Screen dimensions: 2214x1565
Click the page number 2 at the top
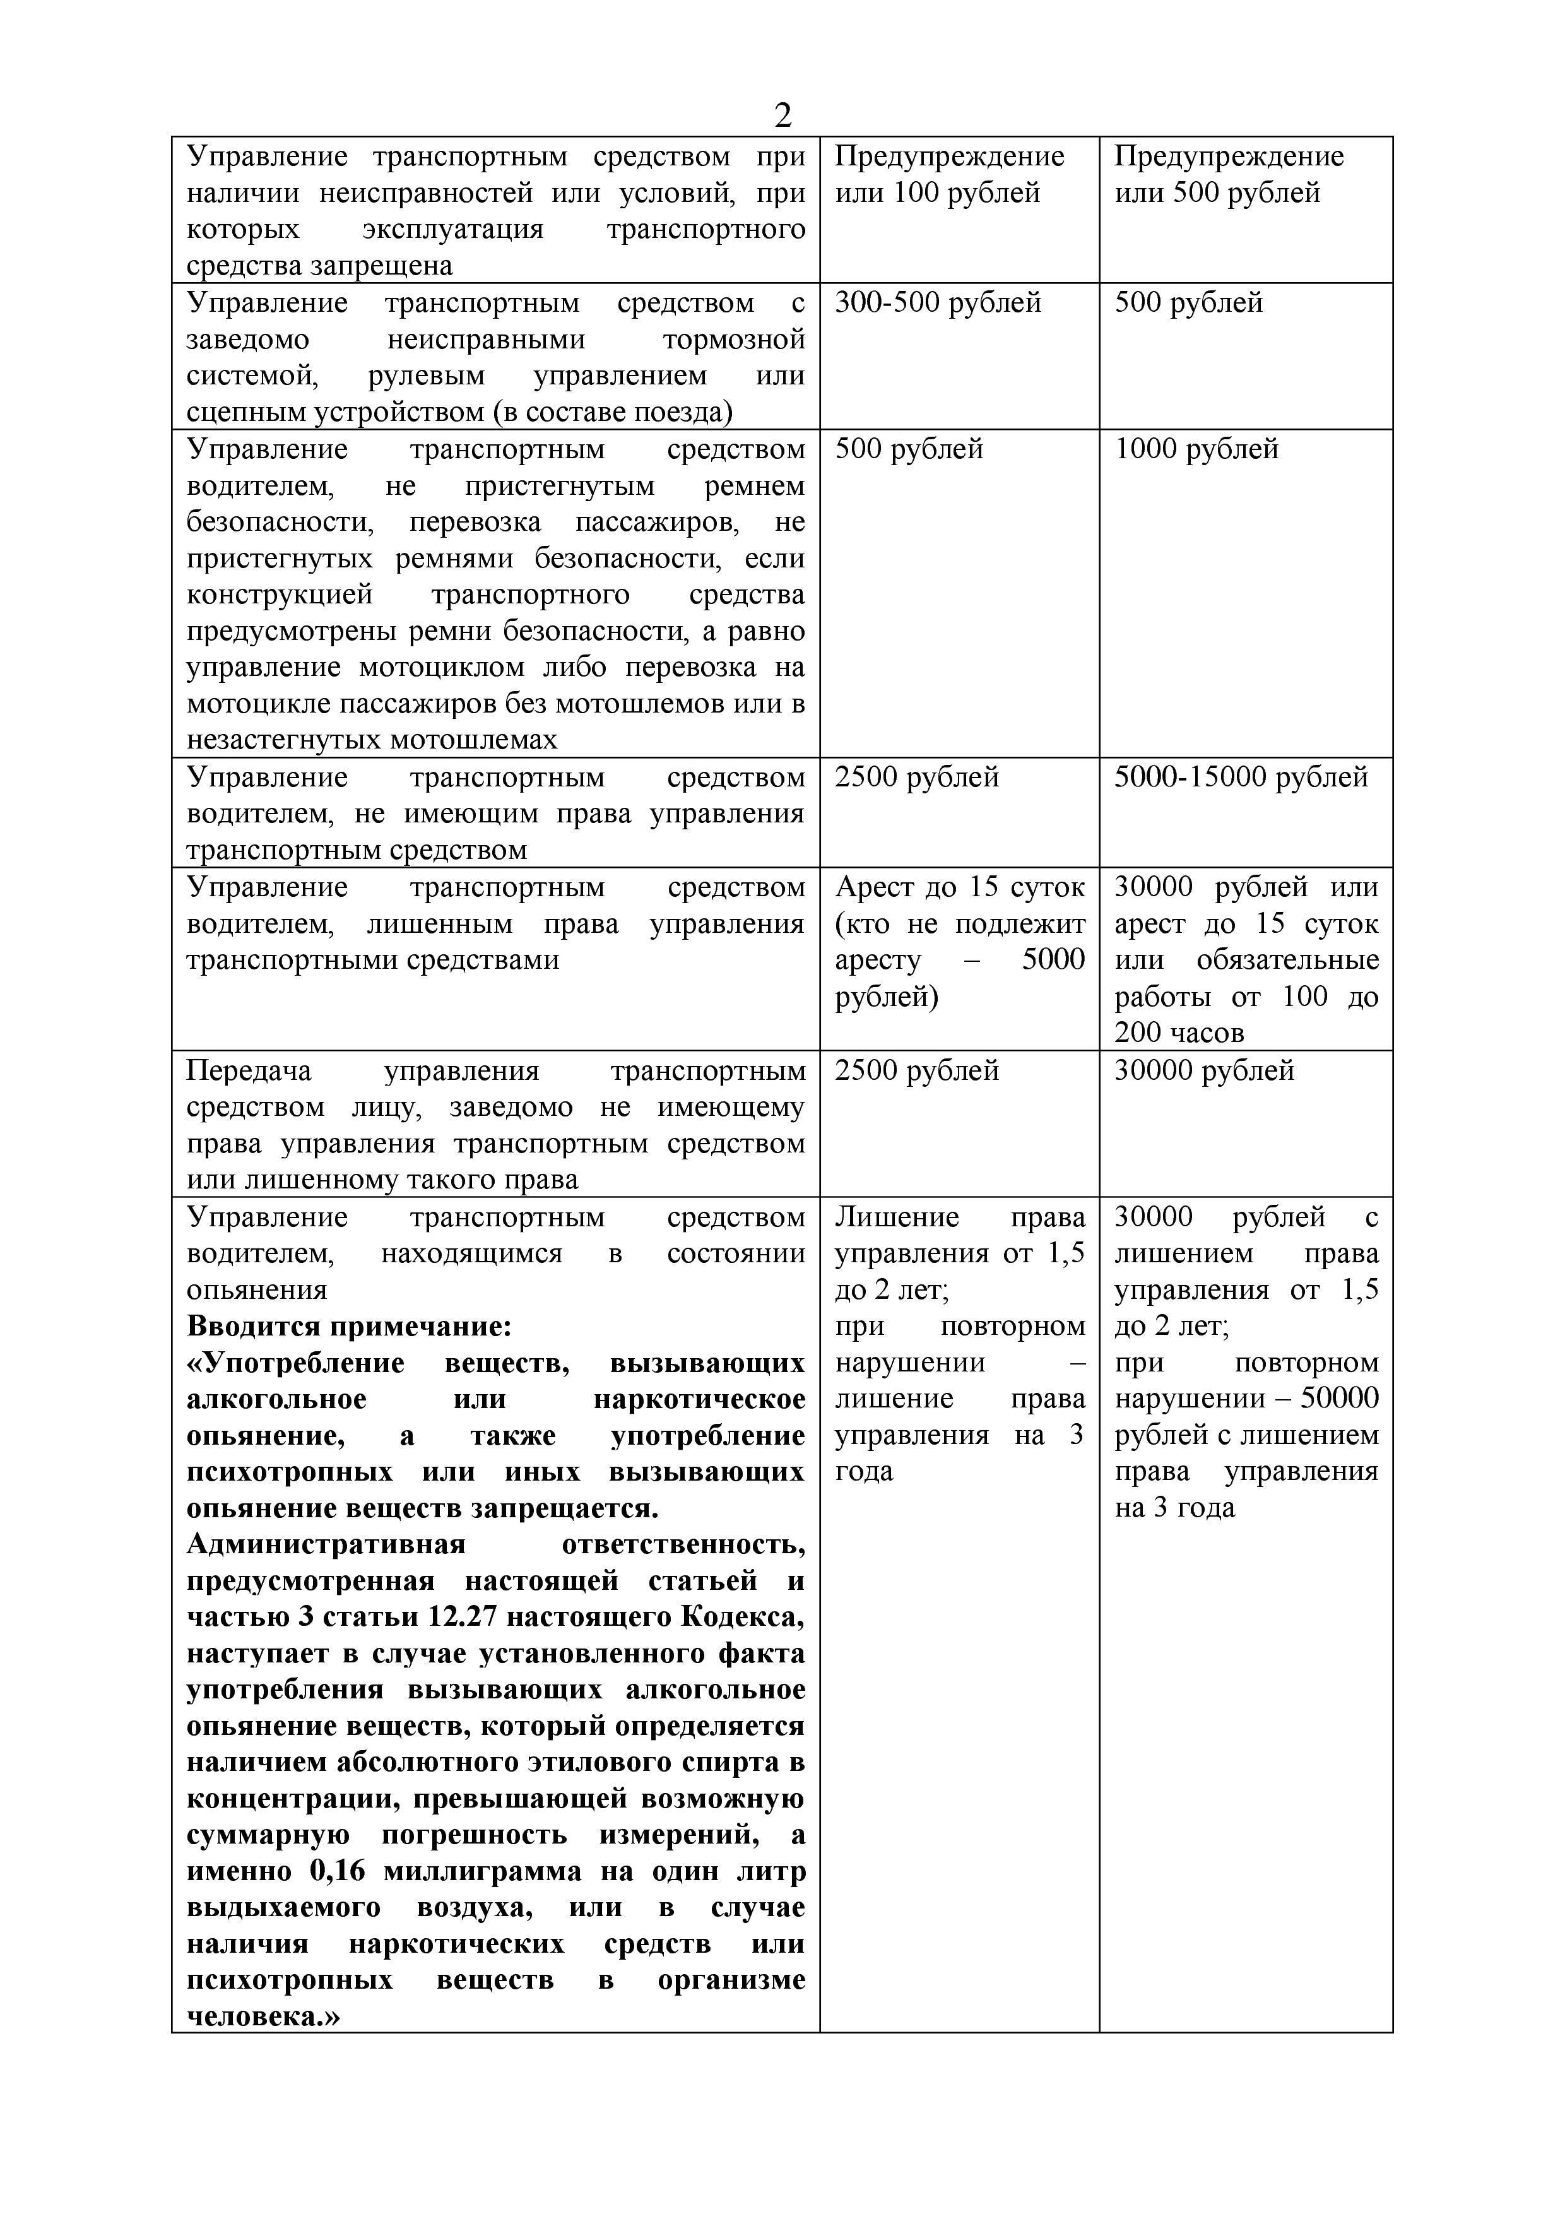click(x=782, y=115)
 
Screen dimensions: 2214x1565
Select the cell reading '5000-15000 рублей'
click(x=1241, y=777)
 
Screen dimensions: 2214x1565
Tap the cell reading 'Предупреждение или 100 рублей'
click(x=949, y=175)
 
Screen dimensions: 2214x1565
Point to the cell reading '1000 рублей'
click(x=1196, y=449)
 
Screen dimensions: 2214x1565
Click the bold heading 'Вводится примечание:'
click(x=348, y=1327)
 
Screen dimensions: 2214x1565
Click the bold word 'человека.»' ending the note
click(x=263, y=2017)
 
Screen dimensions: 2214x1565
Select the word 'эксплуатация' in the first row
click(x=452, y=230)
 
